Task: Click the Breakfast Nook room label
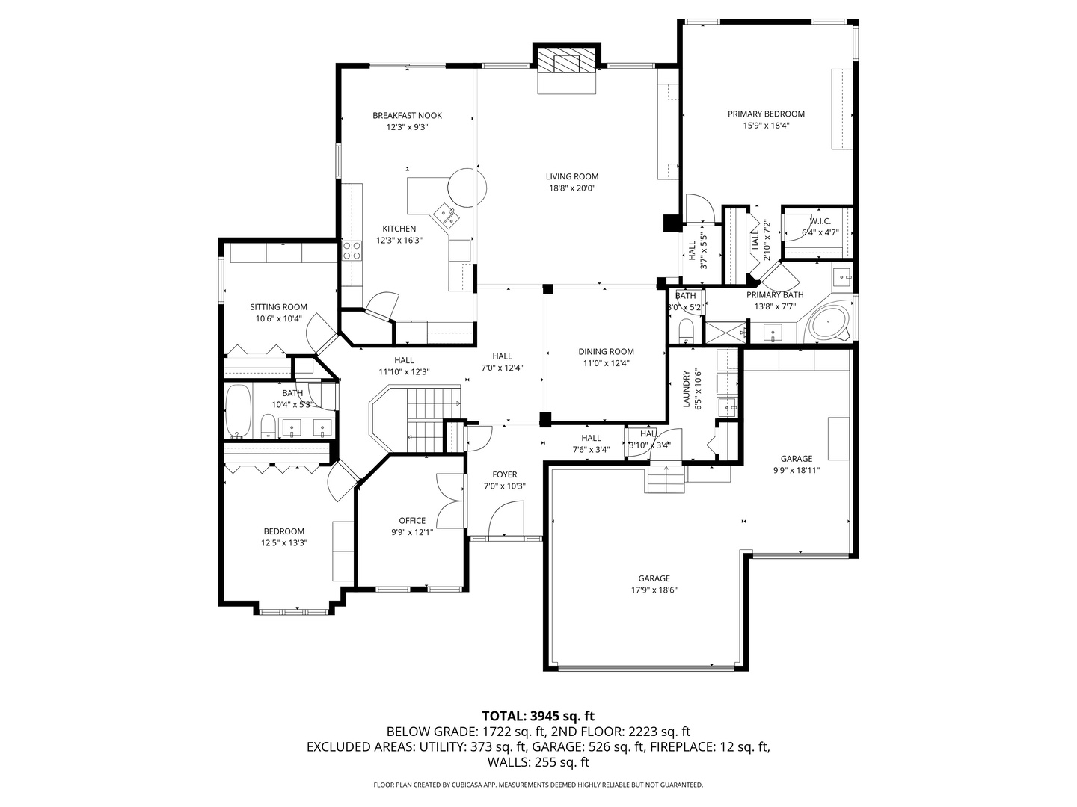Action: coord(407,115)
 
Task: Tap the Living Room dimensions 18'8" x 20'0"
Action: coord(572,188)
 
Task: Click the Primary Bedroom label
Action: coord(766,114)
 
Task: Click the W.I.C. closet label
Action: coord(820,221)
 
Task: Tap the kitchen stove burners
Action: coord(352,250)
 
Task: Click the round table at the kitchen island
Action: coord(467,187)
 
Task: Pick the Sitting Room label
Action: coord(278,307)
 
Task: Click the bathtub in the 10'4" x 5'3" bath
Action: coord(239,411)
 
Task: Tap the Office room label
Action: coord(412,521)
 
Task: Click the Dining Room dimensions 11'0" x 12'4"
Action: coord(606,363)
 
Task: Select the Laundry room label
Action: coord(686,389)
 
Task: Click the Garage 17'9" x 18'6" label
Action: coord(654,578)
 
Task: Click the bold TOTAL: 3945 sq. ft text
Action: coord(538,717)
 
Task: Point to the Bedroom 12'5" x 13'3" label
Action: coord(283,531)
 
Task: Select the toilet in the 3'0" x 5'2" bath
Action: coord(686,330)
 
